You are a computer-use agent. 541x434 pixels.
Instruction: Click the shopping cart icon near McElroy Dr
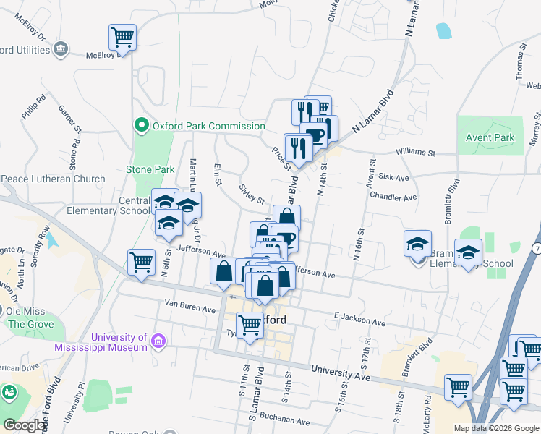[x=122, y=37]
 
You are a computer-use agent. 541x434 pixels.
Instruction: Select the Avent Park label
[x=490, y=137]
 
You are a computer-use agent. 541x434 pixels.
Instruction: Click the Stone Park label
[x=150, y=169]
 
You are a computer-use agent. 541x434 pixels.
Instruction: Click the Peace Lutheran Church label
[x=54, y=179]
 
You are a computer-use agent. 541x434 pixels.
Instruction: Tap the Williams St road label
[x=414, y=153]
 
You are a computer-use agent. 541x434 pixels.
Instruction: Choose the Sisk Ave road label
[x=393, y=177]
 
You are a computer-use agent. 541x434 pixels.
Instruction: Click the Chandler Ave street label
[x=393, y=197]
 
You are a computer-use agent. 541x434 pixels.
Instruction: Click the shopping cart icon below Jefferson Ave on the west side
[x=140, y=263]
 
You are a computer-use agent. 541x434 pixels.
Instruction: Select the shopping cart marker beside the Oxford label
[x=250, y=326]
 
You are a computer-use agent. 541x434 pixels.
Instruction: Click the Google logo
[x=25, y=425]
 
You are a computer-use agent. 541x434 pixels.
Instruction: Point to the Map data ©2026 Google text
[x=495, y=428]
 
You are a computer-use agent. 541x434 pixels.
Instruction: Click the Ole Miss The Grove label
[x=26, y=318]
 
